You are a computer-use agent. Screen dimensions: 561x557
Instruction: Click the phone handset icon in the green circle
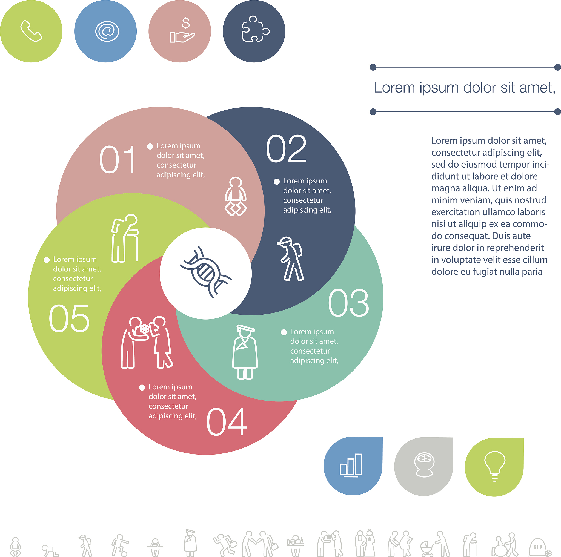pyautogui.click(x=31, y=31)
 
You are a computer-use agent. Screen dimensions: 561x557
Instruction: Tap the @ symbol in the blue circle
pyautogui.click(x=107, y=31)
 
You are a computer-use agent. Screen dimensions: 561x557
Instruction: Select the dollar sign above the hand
pyautogui.click(x=186, y=23)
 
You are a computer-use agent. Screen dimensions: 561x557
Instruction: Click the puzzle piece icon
pyautogui.click(x=256, y=29)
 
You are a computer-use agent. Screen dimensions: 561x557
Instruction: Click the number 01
pyautogui.click(x=118, y=159)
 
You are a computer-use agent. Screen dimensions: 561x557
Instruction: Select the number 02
pyautogui.click(x=286, y=149)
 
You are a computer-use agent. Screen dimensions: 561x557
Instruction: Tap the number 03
pyautogui.click(x=348, y=303)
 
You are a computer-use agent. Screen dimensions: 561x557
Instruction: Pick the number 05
pyautogui.click(x=69, y=318)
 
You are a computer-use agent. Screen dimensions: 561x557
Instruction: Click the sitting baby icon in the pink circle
pyautogui.click(x=236, y=197)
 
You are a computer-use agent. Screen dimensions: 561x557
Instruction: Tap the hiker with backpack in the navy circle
pyautogui.click(x=290, y=259)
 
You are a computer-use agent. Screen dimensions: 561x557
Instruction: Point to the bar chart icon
pyautogui.click(x=351, y=465)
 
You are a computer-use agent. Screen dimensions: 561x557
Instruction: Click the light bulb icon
pyautogui.click(x=494, y=466)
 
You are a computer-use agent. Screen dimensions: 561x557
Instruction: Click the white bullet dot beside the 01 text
pyautogui.click(x=150, y=146)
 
